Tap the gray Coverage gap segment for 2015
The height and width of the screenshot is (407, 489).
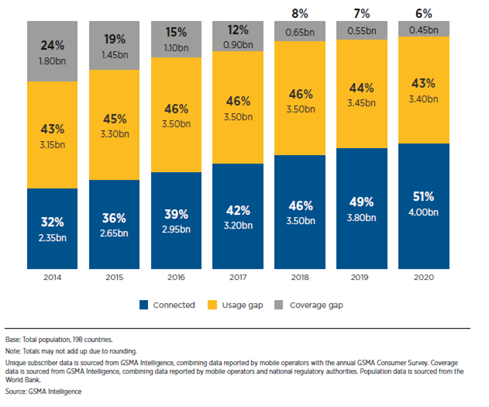point(114,46)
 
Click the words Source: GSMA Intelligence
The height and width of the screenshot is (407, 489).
point(43,391)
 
